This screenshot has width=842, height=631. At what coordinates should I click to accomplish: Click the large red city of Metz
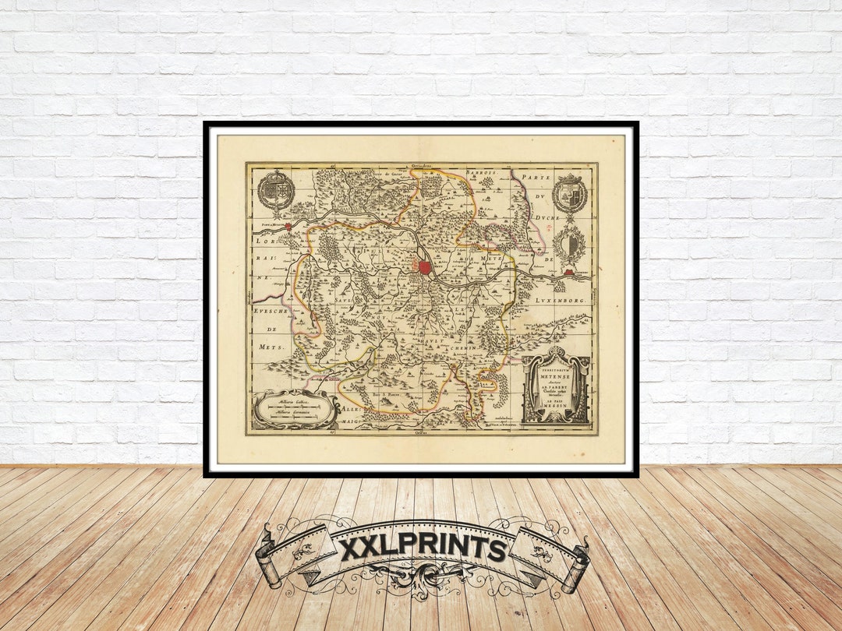click(425, 267)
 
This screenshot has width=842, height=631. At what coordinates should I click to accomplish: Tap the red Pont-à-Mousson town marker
click(288, 227)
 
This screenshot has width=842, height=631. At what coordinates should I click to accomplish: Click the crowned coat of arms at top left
click(276, 190)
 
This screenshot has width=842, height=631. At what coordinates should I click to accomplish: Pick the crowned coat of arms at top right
click(570, 194)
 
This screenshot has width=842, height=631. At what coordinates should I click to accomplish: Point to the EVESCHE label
click(271, 311)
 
